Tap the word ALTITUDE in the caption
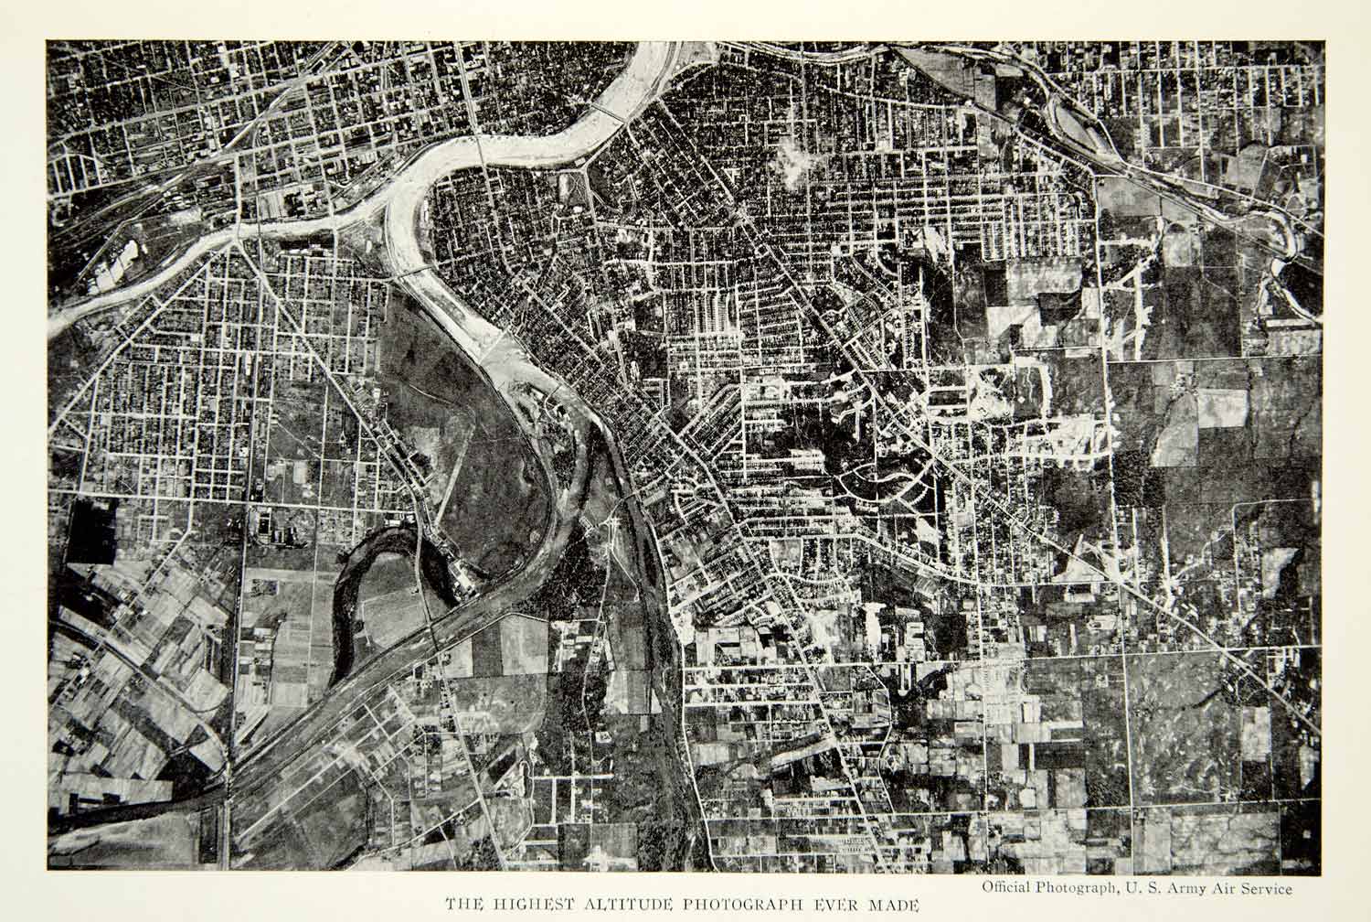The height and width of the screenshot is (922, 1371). point(627,904)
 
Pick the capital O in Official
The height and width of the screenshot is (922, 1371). point(987,886)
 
